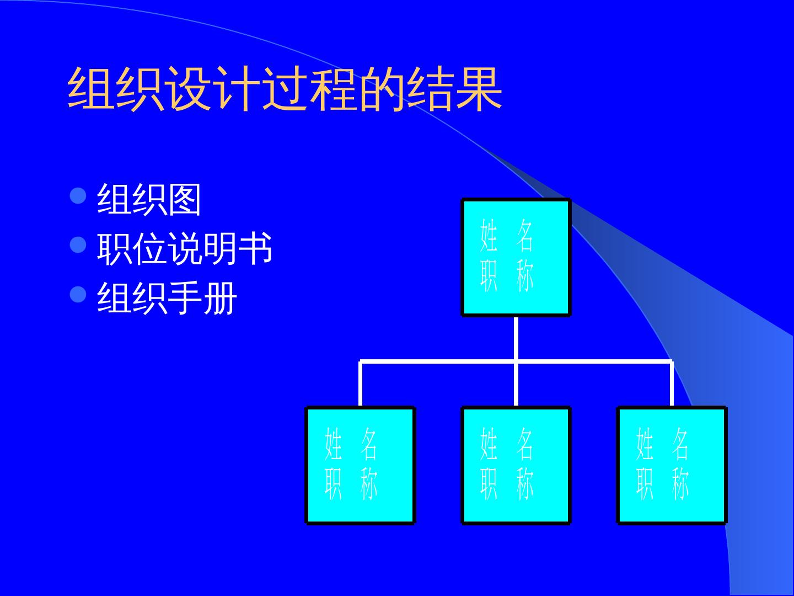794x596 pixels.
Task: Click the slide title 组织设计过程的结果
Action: click(285, 90)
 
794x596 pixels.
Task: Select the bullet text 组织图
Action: click(149, 200)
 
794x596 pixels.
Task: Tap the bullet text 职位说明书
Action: click(185, 249)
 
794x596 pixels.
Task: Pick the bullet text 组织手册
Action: click(167, 299)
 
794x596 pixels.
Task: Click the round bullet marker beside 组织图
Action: click(79, 196)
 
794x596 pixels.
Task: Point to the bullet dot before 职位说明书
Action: click(79, 245)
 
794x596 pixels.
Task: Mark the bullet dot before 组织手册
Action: click(79, 295)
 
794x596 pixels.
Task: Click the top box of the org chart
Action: click(516, 257)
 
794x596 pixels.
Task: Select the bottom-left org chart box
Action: click(360, 465)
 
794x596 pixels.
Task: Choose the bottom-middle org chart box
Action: click(516, 465)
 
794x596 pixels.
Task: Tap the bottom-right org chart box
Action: click(672, 465)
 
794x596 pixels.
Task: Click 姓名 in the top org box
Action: click(507, 236)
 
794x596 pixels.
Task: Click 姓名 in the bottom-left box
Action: click(351, 444)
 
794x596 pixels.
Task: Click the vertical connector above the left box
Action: click(360, 384)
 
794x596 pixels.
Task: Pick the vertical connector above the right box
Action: click(672, 384)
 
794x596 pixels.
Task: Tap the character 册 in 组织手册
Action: click(220, 299)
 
